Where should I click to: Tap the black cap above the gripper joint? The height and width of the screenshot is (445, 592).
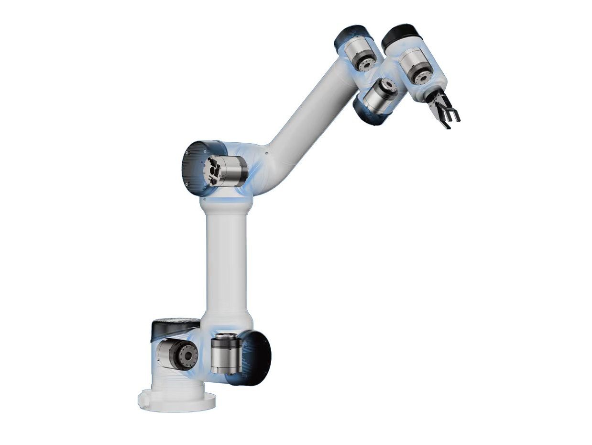(400, 34)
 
